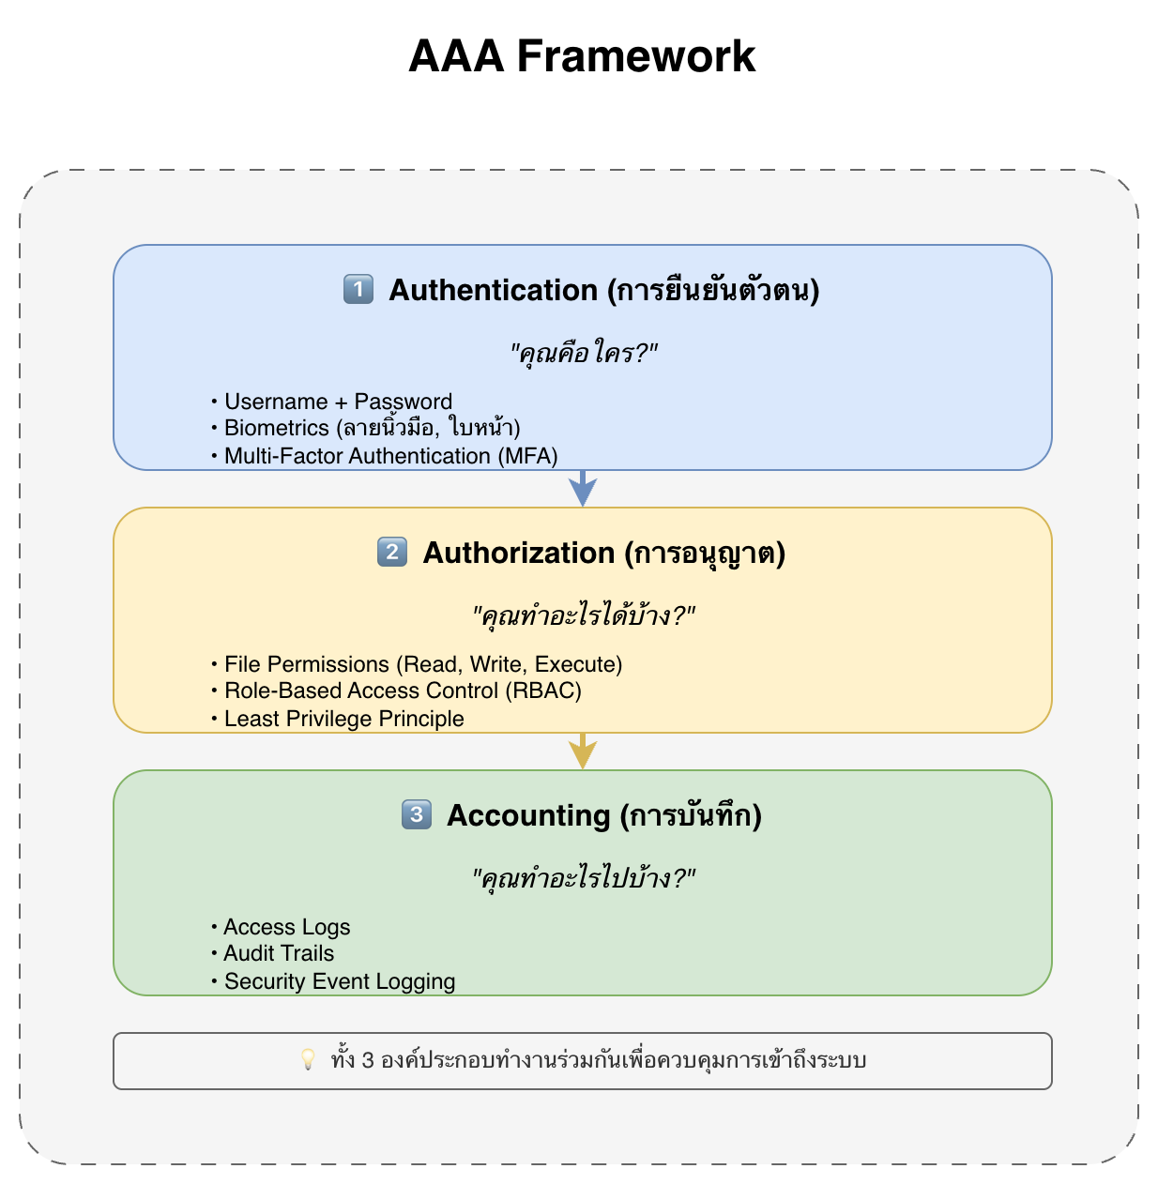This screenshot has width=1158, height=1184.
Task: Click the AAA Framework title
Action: click(582, 56)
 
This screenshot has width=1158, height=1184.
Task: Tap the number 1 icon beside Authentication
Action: click(358, 289)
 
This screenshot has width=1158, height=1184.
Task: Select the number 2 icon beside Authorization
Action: click(392, 552)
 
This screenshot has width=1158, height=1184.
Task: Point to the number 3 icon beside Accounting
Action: click(417, 814)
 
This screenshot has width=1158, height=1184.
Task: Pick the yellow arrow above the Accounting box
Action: click(583, 751)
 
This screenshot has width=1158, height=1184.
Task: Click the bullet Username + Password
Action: click(338, 402)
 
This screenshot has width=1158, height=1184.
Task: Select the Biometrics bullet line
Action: click(372, 429)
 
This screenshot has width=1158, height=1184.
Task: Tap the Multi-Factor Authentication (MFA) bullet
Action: click(390, 456)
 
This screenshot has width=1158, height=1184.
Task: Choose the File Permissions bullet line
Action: click(422, 664)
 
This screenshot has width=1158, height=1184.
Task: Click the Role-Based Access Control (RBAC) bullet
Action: click(403, 691)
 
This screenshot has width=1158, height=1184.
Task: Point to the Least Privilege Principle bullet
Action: click(343, 719)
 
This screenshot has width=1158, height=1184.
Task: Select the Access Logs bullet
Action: click(286, 927)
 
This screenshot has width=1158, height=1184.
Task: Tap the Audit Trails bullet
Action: click(279, 954)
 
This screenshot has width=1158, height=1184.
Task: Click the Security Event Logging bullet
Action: click(339, 981)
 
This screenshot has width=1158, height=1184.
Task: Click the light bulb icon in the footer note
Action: click(308, 1060)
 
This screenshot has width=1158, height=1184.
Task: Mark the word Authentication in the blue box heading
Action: click(494, 290)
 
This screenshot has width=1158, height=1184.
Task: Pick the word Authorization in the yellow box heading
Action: click(519, 553)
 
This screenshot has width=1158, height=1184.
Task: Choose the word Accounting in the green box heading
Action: click(528, 815)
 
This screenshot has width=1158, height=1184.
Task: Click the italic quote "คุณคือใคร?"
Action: click(583, 354)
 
